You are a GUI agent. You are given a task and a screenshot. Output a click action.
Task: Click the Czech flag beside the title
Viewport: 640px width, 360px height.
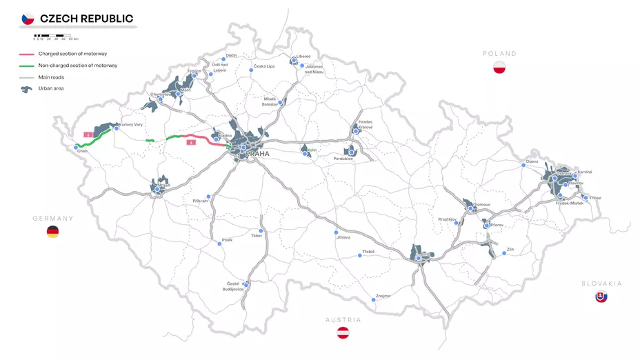28,19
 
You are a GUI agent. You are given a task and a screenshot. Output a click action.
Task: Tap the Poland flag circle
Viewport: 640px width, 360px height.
500,68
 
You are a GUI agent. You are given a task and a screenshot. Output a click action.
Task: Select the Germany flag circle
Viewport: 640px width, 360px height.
52,232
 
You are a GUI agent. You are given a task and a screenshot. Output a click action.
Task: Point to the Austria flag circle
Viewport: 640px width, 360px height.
343,333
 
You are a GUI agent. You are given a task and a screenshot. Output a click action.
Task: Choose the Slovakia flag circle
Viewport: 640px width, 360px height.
601,297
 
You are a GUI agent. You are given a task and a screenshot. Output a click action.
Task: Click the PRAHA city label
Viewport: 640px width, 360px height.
257,154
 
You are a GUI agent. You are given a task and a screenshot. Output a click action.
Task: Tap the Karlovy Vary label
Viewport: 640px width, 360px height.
131,125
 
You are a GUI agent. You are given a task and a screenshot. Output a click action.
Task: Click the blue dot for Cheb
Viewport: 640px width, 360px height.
76,147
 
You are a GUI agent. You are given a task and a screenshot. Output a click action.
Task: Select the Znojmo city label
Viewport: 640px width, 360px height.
383,296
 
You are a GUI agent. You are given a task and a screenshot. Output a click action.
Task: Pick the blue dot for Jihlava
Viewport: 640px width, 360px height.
336,232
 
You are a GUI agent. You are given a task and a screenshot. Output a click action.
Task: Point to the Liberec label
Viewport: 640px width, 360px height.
303,56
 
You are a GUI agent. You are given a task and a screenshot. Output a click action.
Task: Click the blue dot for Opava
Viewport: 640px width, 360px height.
523,166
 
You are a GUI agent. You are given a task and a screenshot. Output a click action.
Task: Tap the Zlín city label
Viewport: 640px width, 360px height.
510,249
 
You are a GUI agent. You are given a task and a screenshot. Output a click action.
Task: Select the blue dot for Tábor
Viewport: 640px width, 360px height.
261,230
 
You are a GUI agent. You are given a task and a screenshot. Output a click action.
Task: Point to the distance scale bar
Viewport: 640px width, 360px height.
52,34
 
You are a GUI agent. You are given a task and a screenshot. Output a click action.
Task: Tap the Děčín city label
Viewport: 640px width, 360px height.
232,54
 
